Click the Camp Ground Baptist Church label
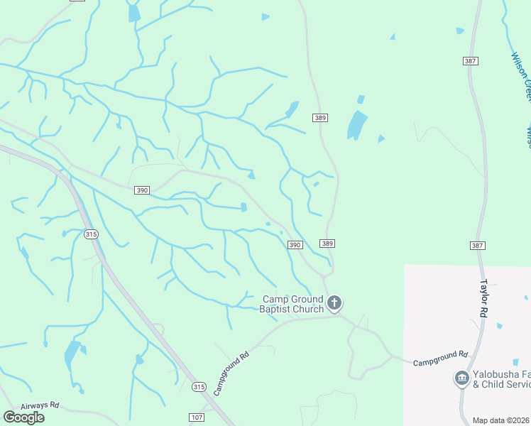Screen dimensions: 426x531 pos(292,304)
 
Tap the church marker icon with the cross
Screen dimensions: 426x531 pos(334,304)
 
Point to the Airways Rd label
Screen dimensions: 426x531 pos(40,405)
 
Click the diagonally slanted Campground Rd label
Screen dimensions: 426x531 pos(231,373)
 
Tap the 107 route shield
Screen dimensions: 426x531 pos(197,417)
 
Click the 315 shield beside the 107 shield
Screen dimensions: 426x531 pos(199,387)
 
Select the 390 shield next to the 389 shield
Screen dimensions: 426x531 pos(295,245)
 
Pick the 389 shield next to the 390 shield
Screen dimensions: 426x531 pos(327,244)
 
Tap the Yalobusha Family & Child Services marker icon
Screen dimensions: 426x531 pos(462,379)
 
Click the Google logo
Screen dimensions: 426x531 pos(23,417)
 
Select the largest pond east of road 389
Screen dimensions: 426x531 pos(356,125)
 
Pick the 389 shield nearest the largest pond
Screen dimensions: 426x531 pos(320,117)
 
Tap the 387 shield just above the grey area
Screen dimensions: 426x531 pos(477,245)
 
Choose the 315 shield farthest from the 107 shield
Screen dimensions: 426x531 pos(90,234)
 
